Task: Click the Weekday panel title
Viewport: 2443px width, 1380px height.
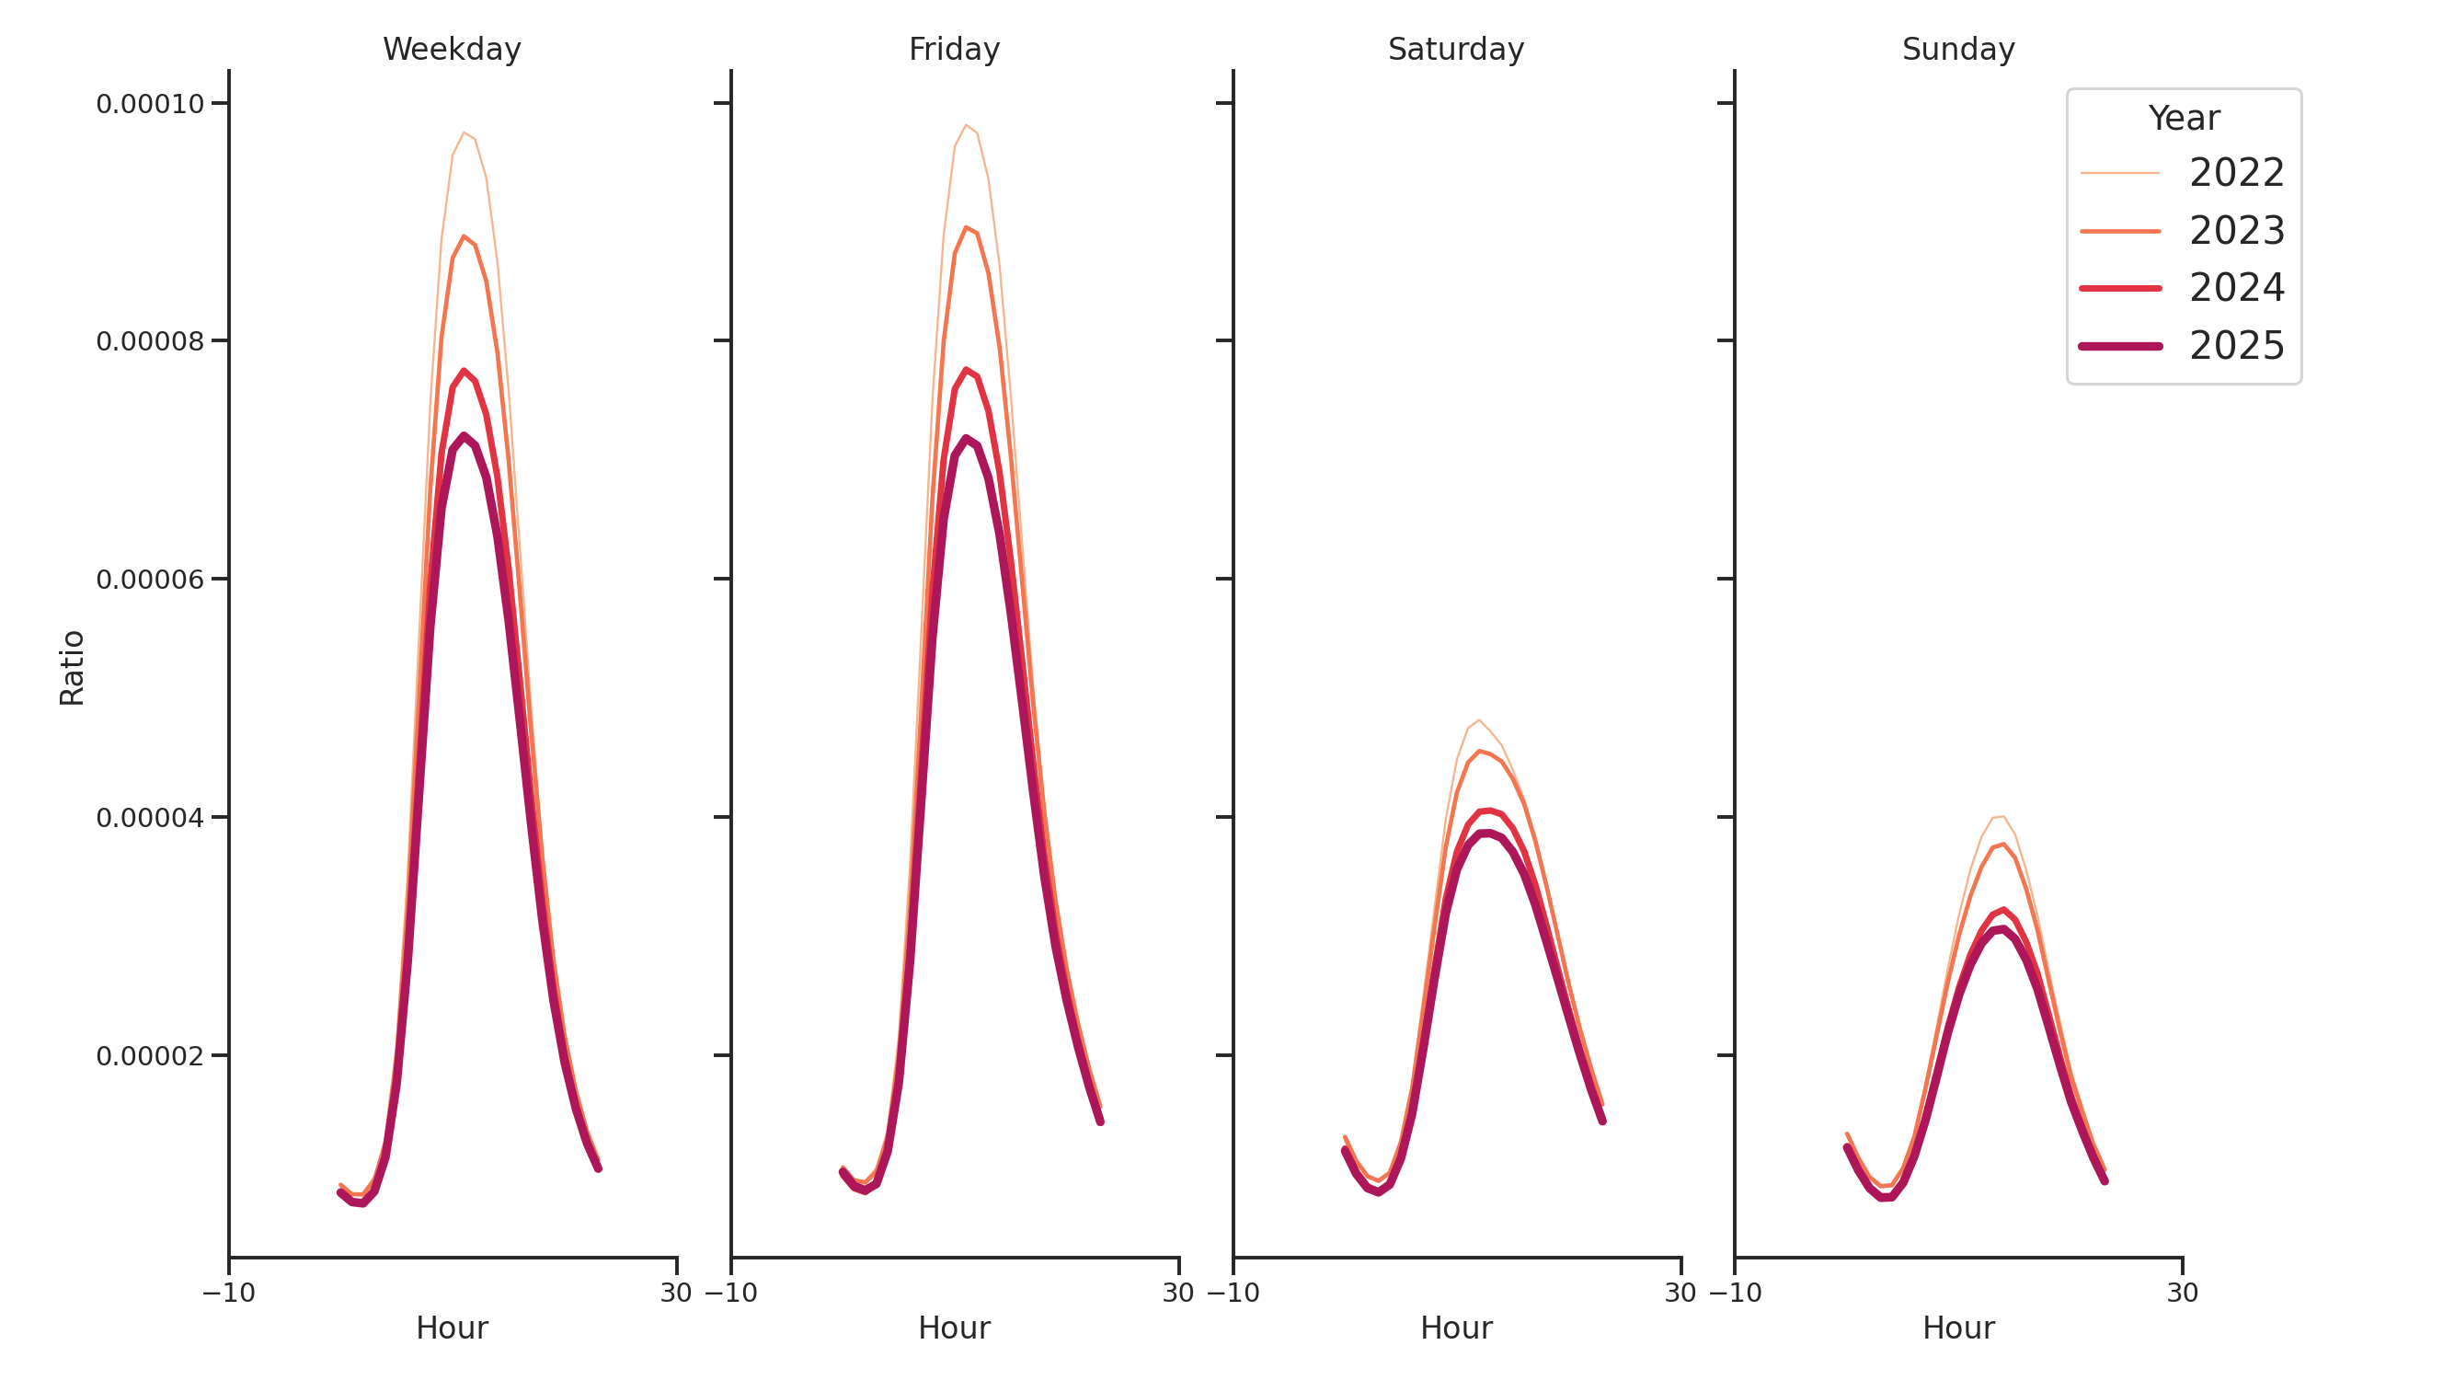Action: point(452,50)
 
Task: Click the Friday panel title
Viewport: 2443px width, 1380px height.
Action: point(954,50)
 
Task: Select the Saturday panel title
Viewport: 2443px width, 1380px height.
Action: point(1456,50)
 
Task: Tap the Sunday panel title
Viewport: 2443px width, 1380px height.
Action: point(1958,50)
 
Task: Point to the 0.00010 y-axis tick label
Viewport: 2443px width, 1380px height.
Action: point(151,103)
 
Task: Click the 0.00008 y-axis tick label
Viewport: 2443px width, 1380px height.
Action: point(151,341)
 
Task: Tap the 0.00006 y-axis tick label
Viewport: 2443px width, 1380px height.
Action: point(151,580)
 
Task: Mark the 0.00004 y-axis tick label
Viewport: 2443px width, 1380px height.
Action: point(151,818)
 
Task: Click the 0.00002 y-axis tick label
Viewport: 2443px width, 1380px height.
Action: point(151,1055)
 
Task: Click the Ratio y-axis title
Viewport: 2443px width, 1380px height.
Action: point(72,668)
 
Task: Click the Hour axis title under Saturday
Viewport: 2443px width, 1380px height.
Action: point(1456,1328)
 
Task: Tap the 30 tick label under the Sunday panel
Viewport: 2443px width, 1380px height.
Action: point(2182,1293)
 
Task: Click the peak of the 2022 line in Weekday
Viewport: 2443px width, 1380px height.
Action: point(464,132)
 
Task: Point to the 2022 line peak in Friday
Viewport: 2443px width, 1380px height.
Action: point(966,125)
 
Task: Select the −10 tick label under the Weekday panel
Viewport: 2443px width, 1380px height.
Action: point(228,1293)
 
